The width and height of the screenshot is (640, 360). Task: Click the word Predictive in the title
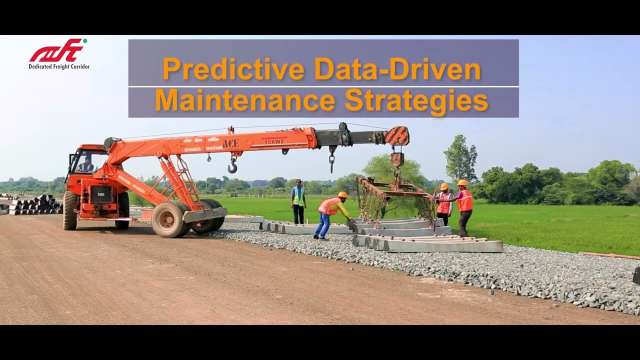point(233,69)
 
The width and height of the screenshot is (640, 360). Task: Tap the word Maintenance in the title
point(245,100)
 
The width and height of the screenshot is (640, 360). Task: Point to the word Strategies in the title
point(416,100)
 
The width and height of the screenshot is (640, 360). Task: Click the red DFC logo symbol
point(57,50)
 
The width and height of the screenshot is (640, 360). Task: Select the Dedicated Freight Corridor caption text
point(59,66)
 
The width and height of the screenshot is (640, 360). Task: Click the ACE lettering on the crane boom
point(230,144)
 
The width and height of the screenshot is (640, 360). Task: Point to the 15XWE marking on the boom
point(274,142)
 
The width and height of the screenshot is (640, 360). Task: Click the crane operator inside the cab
point(87,163)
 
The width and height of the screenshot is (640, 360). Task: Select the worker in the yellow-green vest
point(298,200)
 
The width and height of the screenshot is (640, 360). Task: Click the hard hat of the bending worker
point(342,194)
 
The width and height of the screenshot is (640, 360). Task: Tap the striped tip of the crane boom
point(397,135)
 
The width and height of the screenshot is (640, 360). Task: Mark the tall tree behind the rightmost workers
point(460,158)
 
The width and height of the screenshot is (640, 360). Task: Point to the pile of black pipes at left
point(35,205)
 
